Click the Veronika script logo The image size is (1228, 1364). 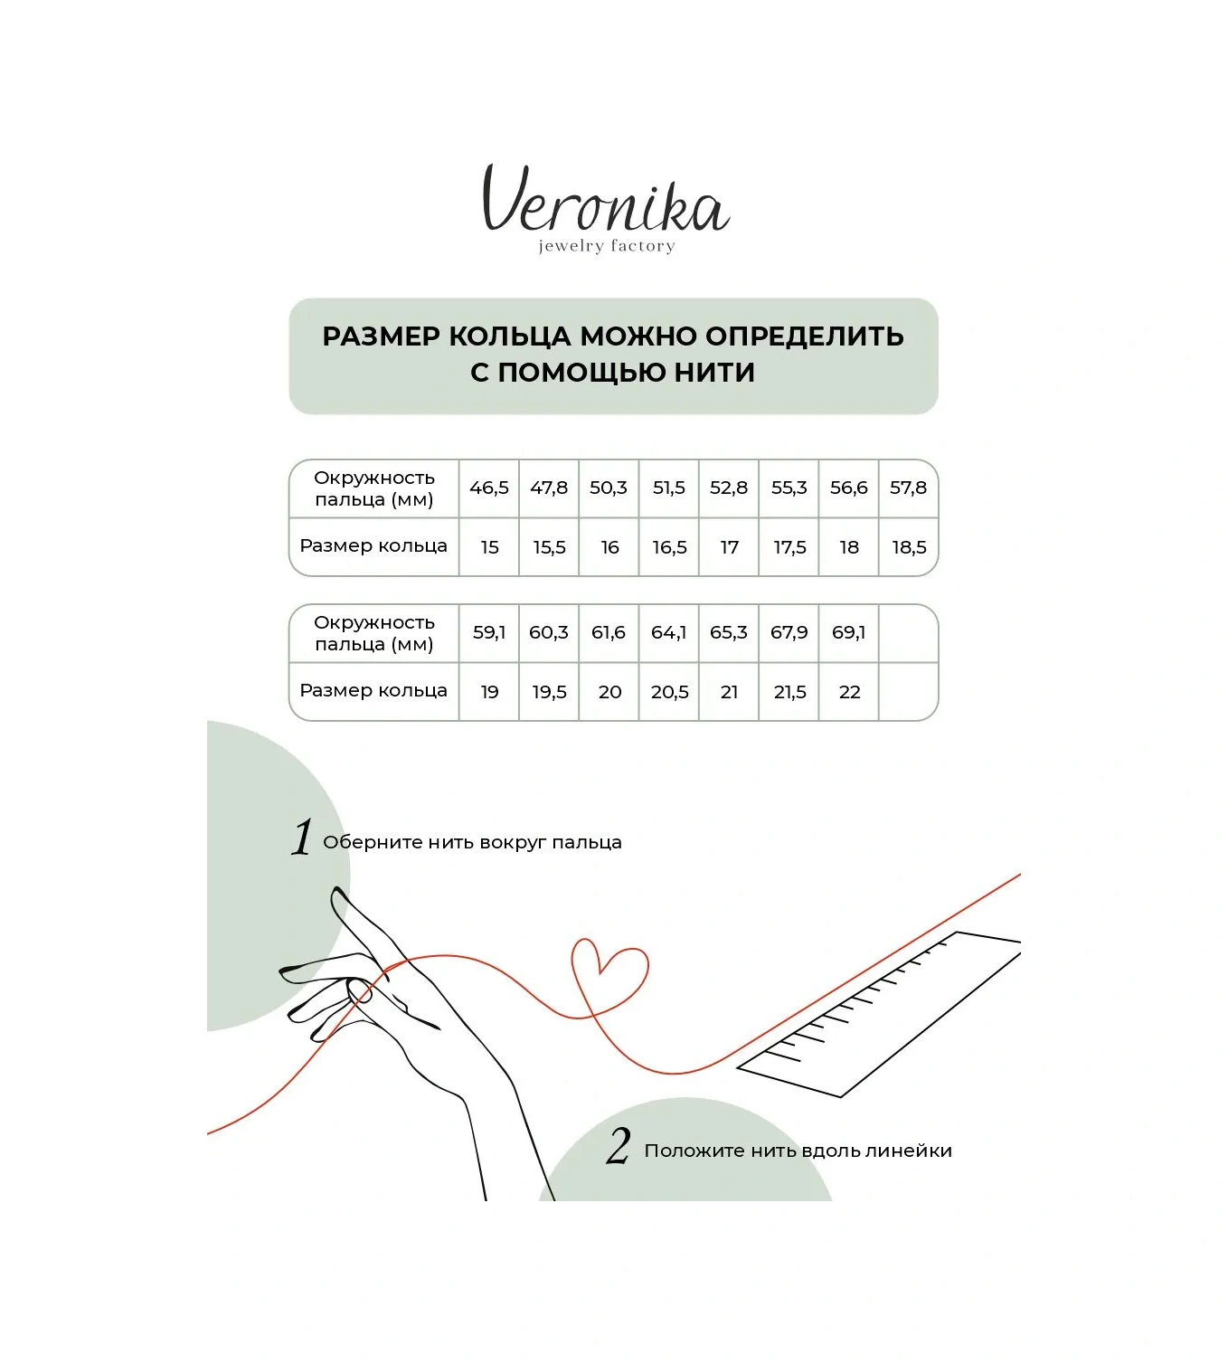click(605, 200)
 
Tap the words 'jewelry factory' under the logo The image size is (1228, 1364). click(607, 246)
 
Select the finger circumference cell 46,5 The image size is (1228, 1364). click(489, 488)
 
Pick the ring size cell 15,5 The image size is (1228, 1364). click(549, 547)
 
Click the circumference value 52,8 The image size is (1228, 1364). click(729, 488)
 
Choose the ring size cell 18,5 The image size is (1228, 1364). click(909, 547)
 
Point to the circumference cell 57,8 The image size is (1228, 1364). click(908, 488)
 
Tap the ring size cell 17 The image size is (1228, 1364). click(729, 547)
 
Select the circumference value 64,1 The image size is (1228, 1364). click(669, 632)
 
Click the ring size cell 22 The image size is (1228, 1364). click(849, 692)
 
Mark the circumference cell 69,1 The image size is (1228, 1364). click(849, 632)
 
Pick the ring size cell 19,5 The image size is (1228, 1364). click(549, 692)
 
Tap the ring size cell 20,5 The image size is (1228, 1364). click(669, 692)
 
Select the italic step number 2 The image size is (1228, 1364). click(619, 1146)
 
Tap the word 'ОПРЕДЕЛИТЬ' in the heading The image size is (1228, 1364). click(804, 336)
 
